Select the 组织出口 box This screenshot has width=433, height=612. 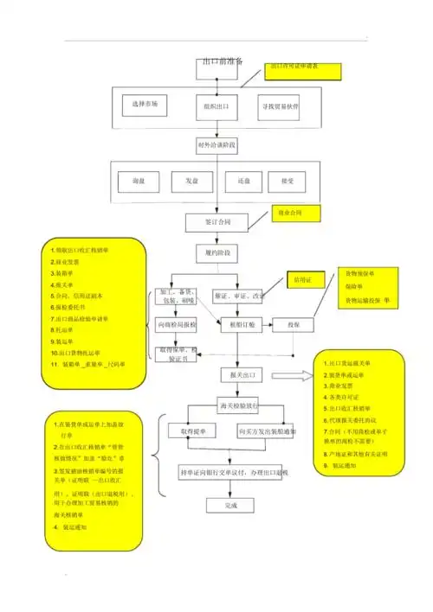(x=216, y=106)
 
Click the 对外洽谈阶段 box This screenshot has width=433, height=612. (x=216, y=145)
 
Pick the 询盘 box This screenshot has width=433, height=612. (x=137, y=182)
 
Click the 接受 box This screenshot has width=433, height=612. (x=275, y=182)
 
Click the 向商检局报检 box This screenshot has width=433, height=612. (x=176, y=325)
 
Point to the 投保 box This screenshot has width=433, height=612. (x=294, y=325)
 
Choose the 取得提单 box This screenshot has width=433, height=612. (x=191, y=430)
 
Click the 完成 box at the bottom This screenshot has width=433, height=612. (x=230, y=505)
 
